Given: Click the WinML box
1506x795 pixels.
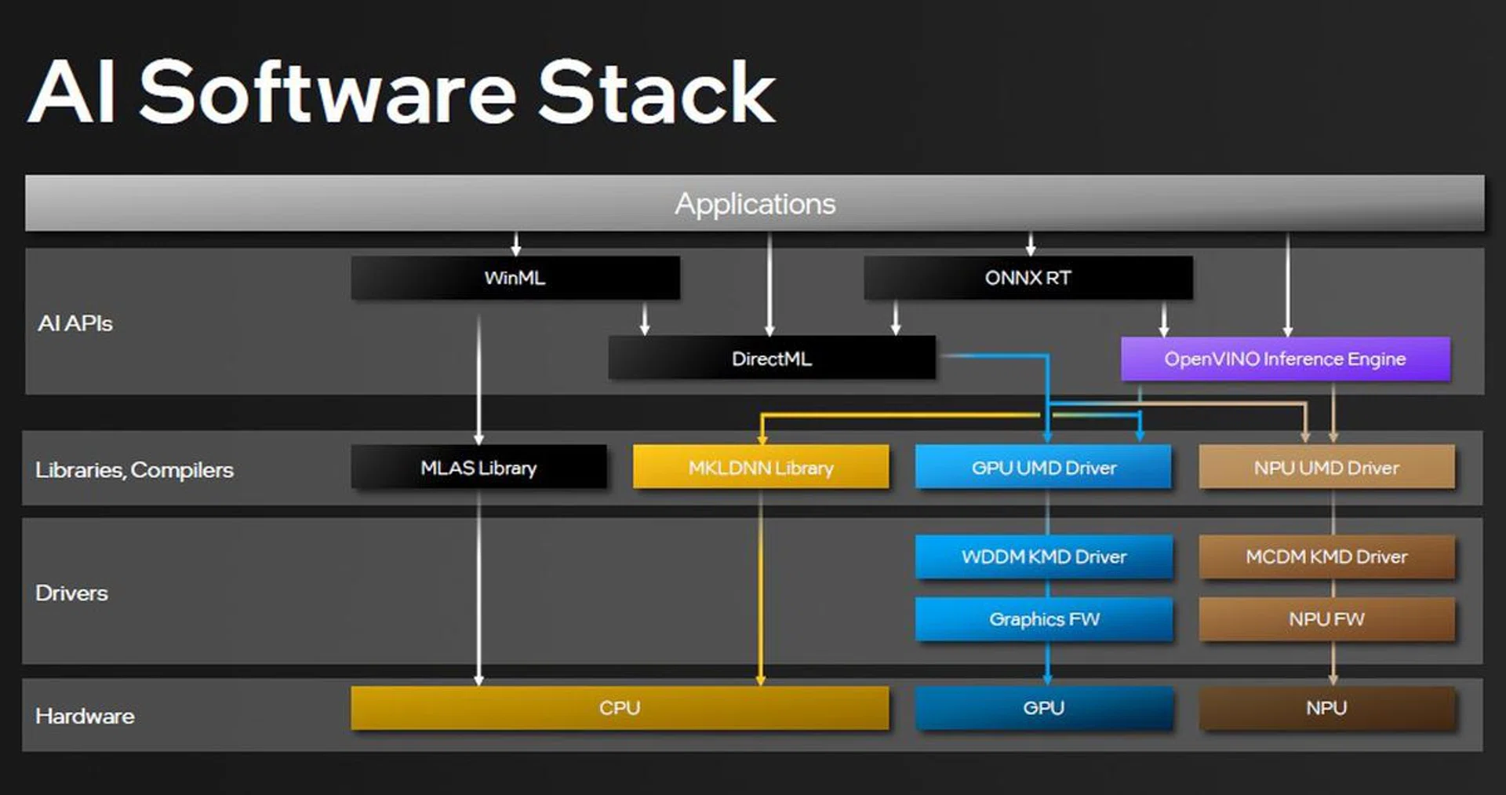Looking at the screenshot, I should [x=515, y=278].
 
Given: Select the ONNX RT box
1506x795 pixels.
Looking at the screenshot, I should [x=1028, y=278].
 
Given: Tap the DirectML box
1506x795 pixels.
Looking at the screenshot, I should [x=771, y=359].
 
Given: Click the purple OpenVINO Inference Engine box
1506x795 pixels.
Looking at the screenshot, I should [x=1285, y=359].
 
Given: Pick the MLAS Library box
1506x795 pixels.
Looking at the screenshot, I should [x=478, y=468].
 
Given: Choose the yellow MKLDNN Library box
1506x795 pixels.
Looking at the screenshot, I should [x=761, y=468].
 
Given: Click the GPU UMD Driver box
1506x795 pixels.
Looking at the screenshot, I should [x=1043, y=468].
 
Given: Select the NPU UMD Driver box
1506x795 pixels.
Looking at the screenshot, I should [x=1326, y=468].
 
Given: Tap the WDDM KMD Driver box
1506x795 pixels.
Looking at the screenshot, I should [x=1043, y=556].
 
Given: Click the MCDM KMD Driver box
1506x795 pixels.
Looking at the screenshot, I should [x=1326, y=556].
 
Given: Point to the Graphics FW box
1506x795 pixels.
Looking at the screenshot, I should [x=1043, y=619].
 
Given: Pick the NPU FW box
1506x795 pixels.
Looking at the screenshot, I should [x=1326, y=619].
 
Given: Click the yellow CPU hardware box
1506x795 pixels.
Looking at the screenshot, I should [x=620, y=708].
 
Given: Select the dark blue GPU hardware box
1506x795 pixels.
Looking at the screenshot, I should [x=1043, y=708].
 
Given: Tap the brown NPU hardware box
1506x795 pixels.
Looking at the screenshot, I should [x=1326, y=708].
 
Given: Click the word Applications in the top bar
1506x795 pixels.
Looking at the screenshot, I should [x=755, y=204].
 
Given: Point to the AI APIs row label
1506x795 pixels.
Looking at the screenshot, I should [x=75, y=323].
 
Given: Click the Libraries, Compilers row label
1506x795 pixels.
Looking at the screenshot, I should [x=134, y=470].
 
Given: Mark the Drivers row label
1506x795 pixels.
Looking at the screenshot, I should [x=71, y=593].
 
